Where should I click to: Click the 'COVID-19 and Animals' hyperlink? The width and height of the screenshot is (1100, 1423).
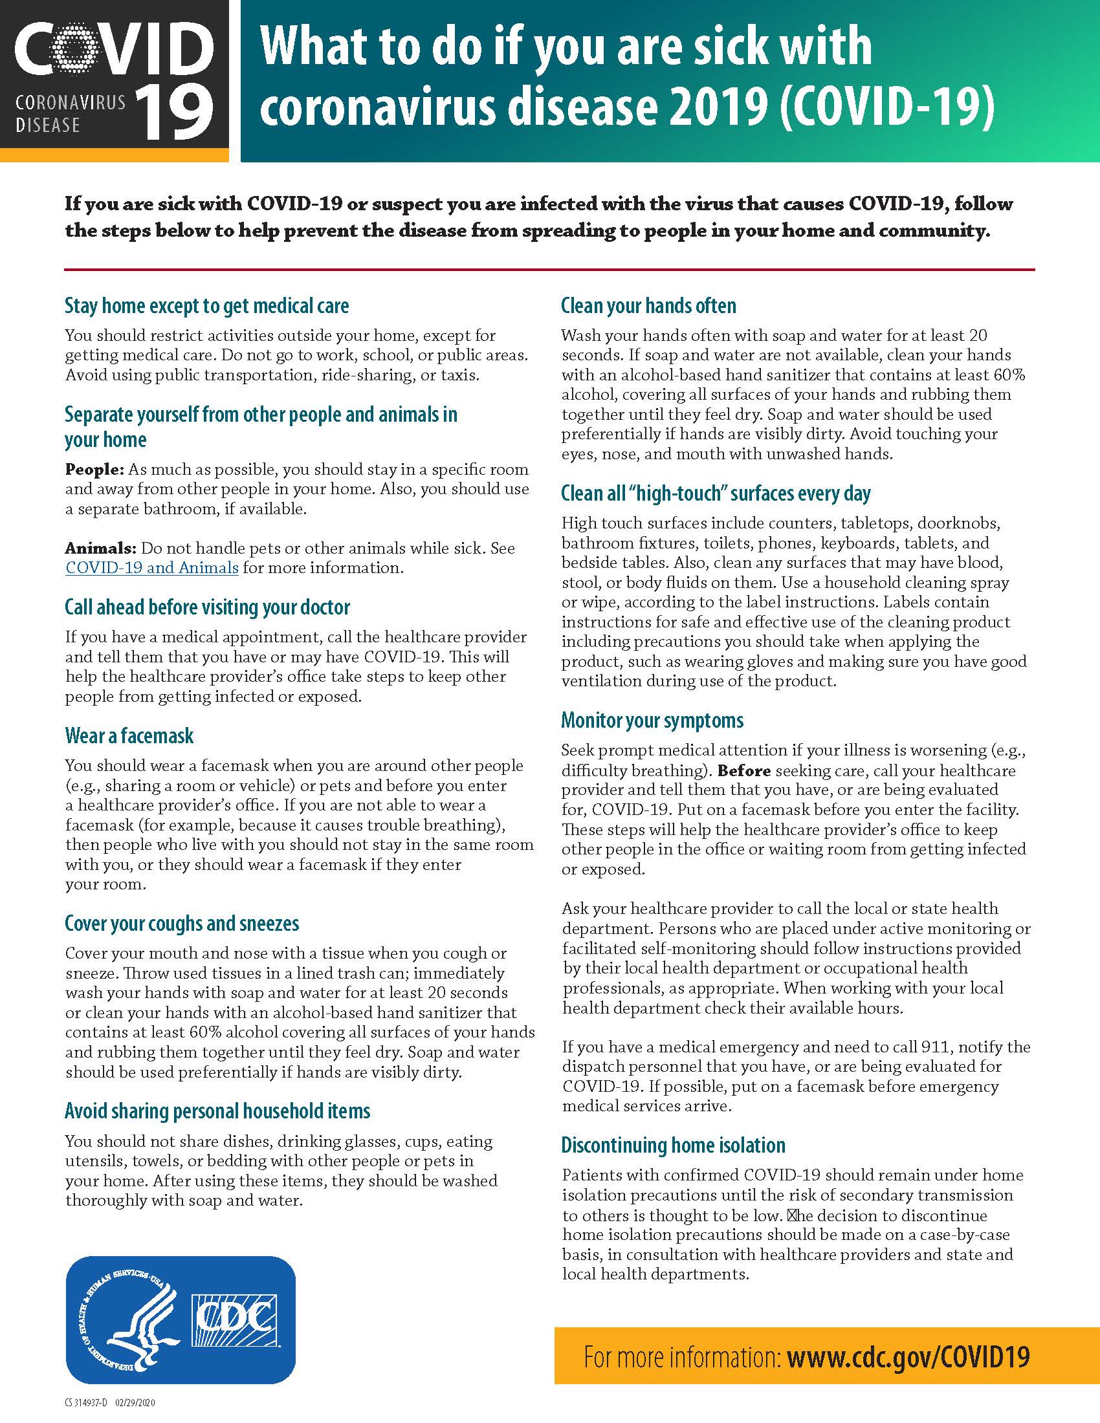152,567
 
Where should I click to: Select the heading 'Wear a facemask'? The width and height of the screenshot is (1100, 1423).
129,735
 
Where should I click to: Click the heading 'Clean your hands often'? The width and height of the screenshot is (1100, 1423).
648,305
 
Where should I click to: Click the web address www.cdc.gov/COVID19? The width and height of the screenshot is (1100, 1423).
908,1357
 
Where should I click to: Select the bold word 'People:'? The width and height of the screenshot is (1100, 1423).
94,470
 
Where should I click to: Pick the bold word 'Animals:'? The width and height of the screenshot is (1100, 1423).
100,548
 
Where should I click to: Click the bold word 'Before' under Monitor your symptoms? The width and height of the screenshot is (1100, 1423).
743,771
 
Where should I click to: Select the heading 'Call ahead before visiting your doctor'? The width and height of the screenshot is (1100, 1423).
207,607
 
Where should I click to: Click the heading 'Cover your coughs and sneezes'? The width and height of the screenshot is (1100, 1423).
182,923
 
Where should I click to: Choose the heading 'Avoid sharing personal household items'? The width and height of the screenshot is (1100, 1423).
217,1111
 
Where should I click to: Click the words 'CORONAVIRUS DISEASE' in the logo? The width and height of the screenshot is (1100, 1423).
70,113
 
